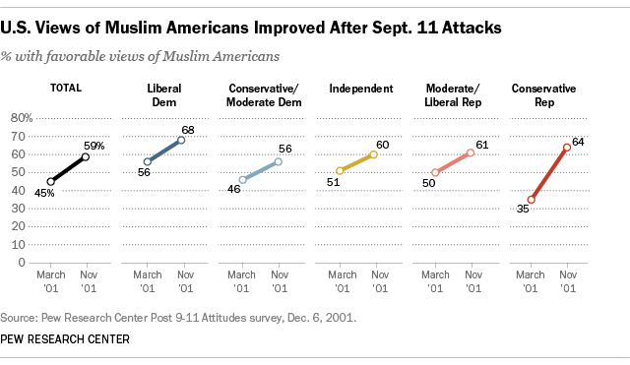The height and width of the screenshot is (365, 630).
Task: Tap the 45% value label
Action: pyautogui.click(x=45, y=193)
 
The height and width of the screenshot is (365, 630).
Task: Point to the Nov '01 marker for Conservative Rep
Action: pyautogui.click(x=567, y=148)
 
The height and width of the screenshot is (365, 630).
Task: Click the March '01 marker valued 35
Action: pyautogui.click(x=531, y=200)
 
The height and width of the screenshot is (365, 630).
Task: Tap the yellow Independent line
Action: pyautogui.click(x=356, y=162)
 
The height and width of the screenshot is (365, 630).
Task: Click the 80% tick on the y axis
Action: pyautogui.click(x=21, y=118)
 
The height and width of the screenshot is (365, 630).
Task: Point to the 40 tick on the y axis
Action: pyautogui.click(x=24, y=191)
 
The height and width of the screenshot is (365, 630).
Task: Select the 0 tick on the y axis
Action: pyautogui.click(x=28, y=263)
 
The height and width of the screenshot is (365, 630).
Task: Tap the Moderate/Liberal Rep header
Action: pyautogui.click(x=450, y=95)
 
